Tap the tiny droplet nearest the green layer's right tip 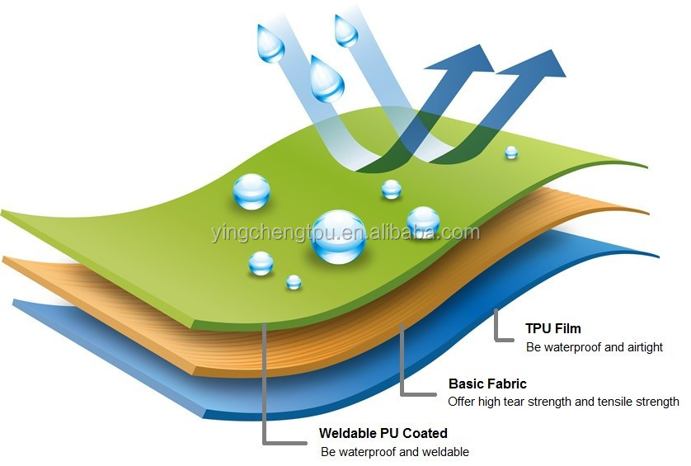click(511, 152)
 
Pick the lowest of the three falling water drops click(327, 79)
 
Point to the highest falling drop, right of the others click(345, 30)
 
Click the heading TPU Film click(552, 329)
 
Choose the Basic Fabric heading click(487, 384)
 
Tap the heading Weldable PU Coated click(383, 433)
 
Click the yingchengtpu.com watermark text click(345, 233)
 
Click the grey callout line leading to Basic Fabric click(402, 363)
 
